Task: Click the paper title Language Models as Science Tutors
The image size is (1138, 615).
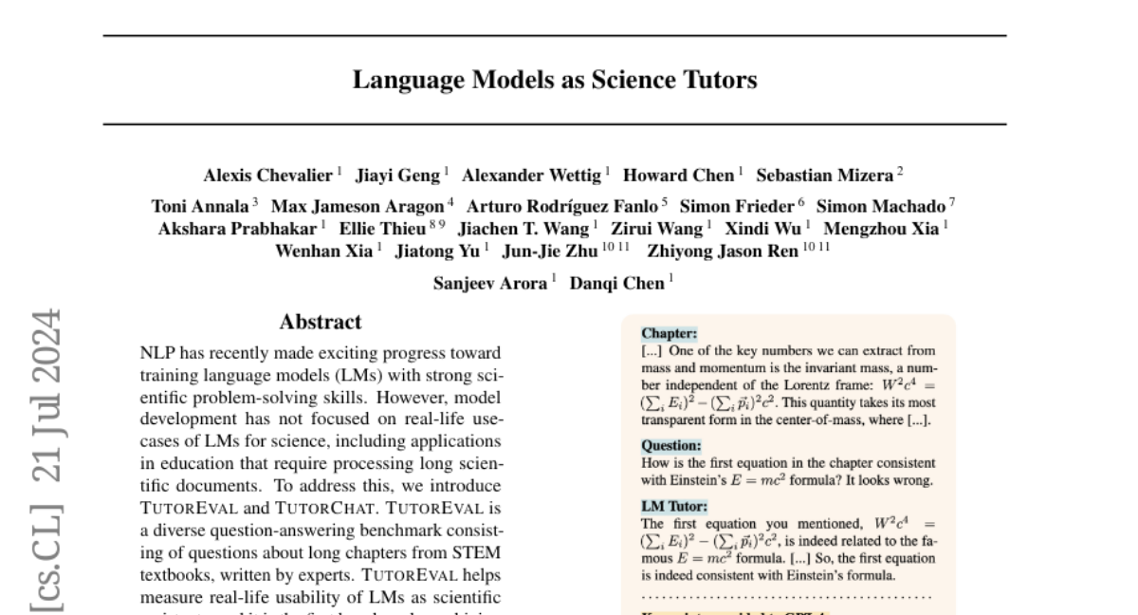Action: pyautogui.click(x=555, y=81)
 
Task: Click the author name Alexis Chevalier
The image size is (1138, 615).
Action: pyautogui.click(x=268, y=176)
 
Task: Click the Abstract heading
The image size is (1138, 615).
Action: pyautogui.click(x=321, y=323)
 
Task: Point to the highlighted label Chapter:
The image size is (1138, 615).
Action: pyautogui.click(x=670, y=334)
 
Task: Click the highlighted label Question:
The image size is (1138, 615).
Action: pyautogui.click(x=671, y=445)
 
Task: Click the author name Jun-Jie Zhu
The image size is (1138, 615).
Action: pyautogui.click(x=549, y=252)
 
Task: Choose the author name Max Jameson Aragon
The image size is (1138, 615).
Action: pyautogui.click(x=358, y=206)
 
